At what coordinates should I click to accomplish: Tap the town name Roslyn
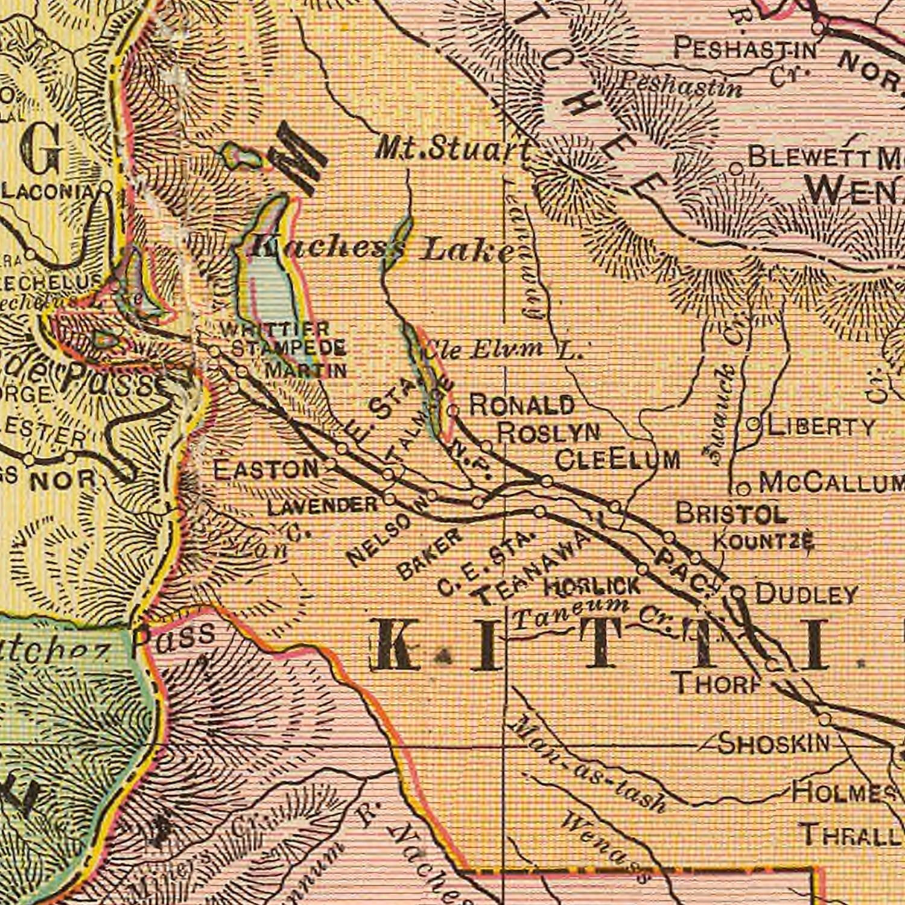(x=550, y=432)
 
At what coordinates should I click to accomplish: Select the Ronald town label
(x=521, y=405)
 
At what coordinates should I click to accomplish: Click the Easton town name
(x=267, y=469)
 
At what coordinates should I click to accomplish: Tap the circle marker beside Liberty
(x=753, y=425)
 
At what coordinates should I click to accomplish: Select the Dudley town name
(x=806, y=594)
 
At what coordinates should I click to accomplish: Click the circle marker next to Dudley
(x=738, y=593)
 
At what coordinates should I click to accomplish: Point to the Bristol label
(x=731, y=513)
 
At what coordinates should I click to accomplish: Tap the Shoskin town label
(x=774, y=743)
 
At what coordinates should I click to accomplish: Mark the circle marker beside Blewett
(x=735, y=168)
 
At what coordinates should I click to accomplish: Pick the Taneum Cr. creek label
(x=594, y=614)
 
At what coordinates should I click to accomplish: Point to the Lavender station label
(x=322, y=506)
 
